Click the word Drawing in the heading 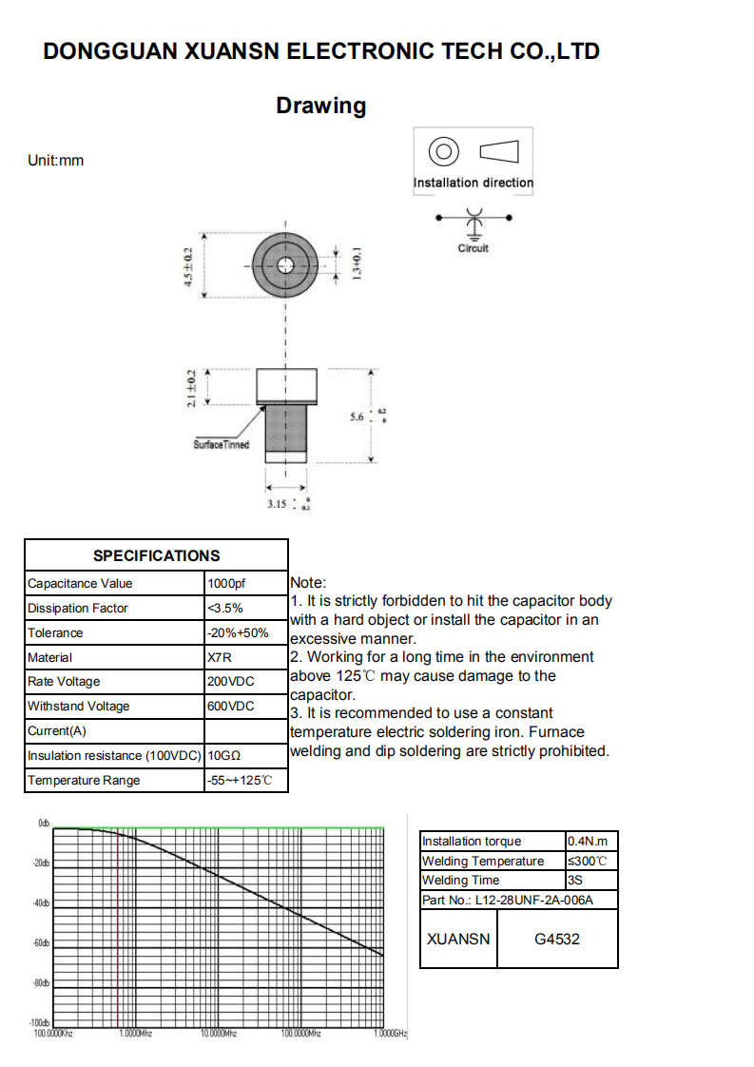point(320,106)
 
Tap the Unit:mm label point(56,161)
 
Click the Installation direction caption point(474,183)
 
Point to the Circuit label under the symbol point(473,248)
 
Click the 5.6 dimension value point(358,417)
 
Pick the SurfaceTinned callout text point(221,445)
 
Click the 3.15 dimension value point(277,504)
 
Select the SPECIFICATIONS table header point(156,555)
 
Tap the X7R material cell point(220,657)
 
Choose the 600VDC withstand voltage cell point(231,707)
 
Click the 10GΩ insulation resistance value point(224,756)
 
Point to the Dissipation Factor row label point(77,609)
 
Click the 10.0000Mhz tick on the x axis point(218,1033)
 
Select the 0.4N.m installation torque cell point(587,842)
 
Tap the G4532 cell point(557,940)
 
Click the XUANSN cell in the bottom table point(458,940)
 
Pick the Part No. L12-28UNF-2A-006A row point(508,900)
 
